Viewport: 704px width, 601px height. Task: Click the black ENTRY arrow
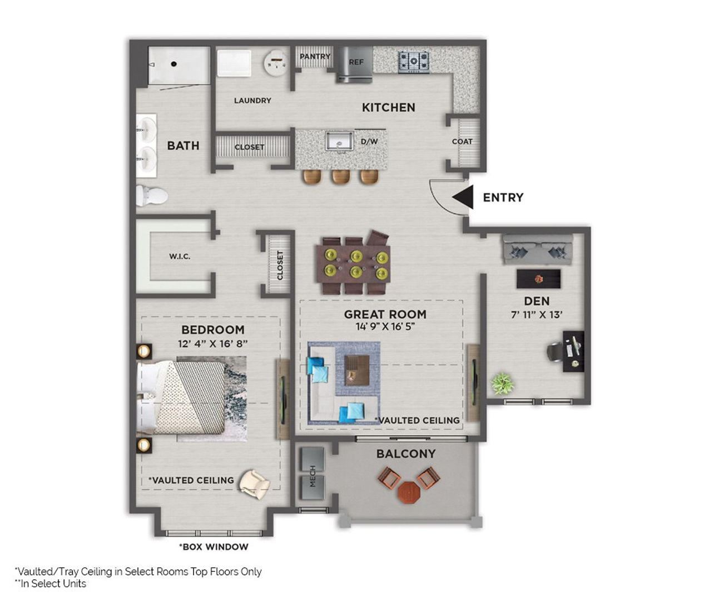pyautogui.click(x=463, y=197)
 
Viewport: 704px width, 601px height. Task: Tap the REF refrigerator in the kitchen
pyautogui.click(x=355, y=63)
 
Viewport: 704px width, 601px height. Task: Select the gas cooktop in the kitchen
pyautogui.click(x=414, y=61)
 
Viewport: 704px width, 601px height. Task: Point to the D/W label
pyautogui.click(x=369, y=141)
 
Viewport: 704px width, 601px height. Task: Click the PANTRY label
pyautogui.click(x=315, y=56)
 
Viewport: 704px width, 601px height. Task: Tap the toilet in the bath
pyautogui.click(x=151, y=196)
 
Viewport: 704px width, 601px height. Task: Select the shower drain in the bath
pyautogui.click(x=173, y=64)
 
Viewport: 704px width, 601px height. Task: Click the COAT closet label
pyautogui.click(x=462, y=141)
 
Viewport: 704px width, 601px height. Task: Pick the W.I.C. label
pyautogui.click(x=180, y=257)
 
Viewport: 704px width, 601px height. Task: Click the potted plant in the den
pyautogui.click(x=502, y=384)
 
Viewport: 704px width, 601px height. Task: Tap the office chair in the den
pyautogui.click(x=556, y=351)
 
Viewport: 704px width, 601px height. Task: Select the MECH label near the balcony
pyautogui.click(x=312, y=476)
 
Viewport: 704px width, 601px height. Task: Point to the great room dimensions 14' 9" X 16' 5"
pyautogui.click(x=385, y=327)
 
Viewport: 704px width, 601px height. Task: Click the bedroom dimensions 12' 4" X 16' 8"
pyautogui.click(x=212, y=343)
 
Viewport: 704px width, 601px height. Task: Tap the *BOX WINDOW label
pyautogui.click(x=214, y=546)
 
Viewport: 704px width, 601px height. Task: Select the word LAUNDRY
pyautogui.click(x=252, y=100)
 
